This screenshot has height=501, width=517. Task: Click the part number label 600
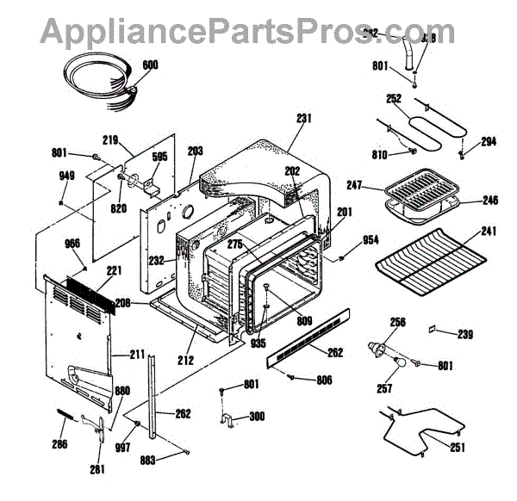150,65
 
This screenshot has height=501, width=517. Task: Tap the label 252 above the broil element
394,99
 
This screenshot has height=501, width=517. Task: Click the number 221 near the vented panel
114,270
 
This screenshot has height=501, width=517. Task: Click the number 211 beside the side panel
138,354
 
